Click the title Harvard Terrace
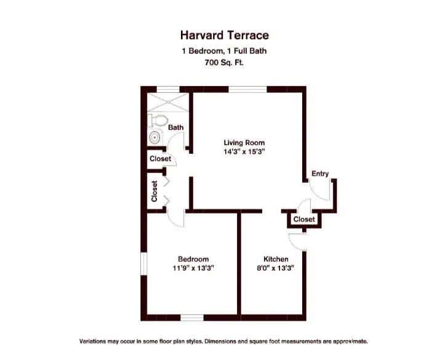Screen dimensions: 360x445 pos(224,36)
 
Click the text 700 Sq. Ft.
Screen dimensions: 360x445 pos(224,62)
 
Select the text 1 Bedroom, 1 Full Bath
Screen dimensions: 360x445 pos(224,52)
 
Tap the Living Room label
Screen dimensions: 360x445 pos(244,143)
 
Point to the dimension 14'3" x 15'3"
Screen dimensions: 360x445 pos(244,151)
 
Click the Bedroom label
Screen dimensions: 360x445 pos(193,259)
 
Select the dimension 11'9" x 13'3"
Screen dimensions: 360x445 pos(193,268)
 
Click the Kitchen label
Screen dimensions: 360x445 pos(276,259)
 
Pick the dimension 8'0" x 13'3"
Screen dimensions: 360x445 pos(276,268)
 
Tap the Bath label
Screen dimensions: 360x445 pos(176,128)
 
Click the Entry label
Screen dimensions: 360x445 pos(319,174)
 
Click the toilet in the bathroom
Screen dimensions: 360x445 pos(159,119)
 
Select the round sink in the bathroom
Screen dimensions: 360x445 pos(154,137)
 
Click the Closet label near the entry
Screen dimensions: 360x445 pos(304,220)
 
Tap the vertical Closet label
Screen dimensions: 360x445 pos(154,191)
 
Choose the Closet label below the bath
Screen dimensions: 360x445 pos(160,159)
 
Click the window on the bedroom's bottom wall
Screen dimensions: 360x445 pos(192,318)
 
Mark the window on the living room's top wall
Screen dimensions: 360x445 pos(248,89)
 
